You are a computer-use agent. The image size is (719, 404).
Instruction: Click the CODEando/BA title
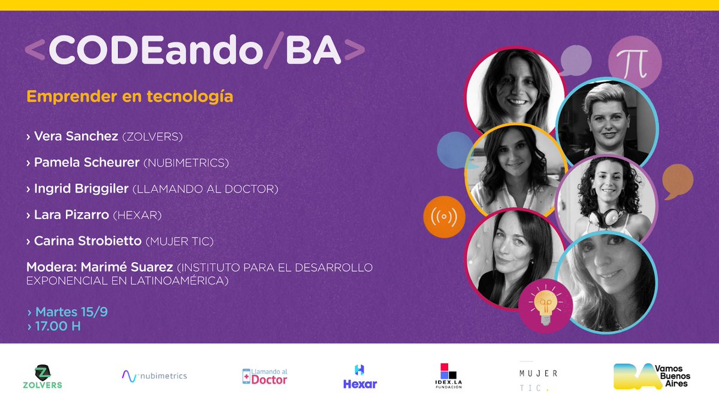pos(195,52)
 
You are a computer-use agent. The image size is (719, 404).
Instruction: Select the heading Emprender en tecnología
pos(129,96)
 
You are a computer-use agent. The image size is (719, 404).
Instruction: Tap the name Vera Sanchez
pos(75,136)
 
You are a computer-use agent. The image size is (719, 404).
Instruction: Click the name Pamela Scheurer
pos(87,163)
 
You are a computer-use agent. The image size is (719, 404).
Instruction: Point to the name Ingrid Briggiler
pos(81,189)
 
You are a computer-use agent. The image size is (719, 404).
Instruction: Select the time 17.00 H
pos(58,327)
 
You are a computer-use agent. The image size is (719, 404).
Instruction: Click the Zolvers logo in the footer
pos(41,376)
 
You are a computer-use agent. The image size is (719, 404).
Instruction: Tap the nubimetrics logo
pos(154,376)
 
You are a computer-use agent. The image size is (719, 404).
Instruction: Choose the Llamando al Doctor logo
pos(264,376)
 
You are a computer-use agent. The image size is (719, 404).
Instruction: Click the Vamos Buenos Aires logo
pos(652,376)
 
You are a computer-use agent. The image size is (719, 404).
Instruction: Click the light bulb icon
pos(545,305)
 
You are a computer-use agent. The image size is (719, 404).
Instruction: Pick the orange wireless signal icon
pos(444,217)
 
